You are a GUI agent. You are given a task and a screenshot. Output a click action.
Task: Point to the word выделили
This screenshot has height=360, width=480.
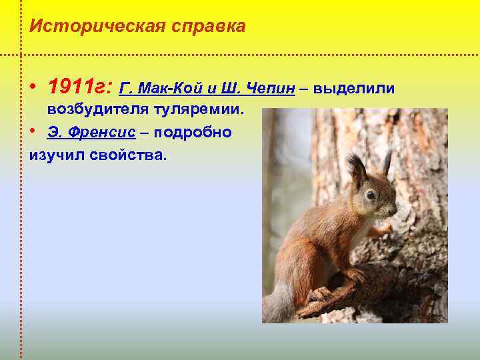[x=354, y=89]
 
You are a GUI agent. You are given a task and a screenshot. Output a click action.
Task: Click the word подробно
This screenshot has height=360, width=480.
[x=193, y=132]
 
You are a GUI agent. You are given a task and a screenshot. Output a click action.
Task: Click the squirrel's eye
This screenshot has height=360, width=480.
[x=370, y=194]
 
